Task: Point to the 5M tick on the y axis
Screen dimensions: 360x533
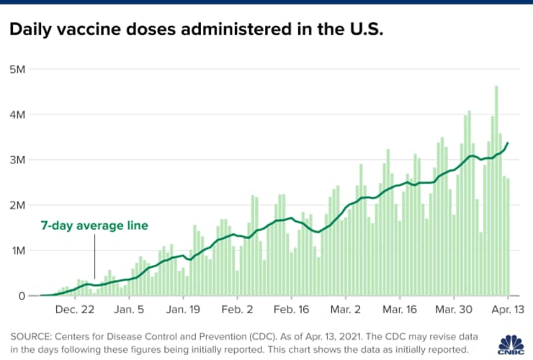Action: tap(18, 69)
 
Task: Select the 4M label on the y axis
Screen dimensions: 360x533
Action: tap(18, 114)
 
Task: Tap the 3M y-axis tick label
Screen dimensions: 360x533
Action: tap(18, 160)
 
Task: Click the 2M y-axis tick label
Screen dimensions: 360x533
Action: tap(18, 205)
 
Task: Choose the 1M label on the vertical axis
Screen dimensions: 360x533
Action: tap(18, 251)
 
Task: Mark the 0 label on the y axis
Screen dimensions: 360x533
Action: tap(22, 296)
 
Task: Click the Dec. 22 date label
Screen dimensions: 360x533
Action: tap(75, 310)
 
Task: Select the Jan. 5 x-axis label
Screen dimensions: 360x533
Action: tap(130, 310)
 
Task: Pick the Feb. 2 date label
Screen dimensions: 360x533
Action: tap(238, 310)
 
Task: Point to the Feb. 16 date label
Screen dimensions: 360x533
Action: tap(292, 310)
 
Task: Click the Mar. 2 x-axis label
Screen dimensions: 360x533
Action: tap(346, 310)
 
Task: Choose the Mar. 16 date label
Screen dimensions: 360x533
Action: tap(400, 310)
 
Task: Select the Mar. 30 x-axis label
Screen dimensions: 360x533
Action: tap(454, 310)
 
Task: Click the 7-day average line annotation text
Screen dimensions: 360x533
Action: tap(94, 226)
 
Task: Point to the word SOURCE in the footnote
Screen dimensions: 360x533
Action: tap(29, 336)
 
